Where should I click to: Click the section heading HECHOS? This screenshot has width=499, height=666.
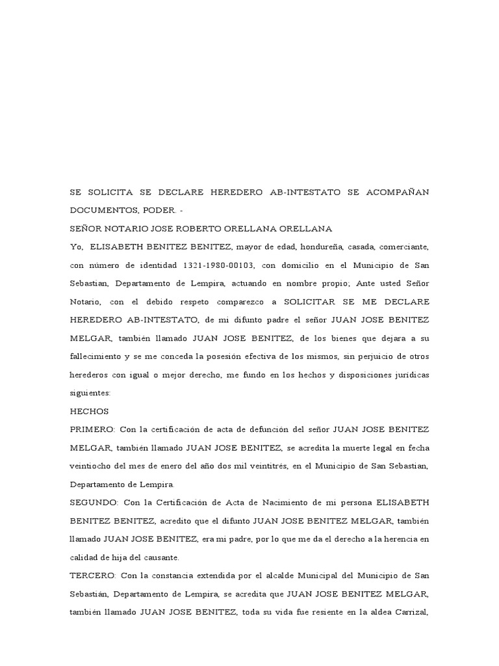[89, 411]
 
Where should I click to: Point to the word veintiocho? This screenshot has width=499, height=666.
[92, 466]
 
